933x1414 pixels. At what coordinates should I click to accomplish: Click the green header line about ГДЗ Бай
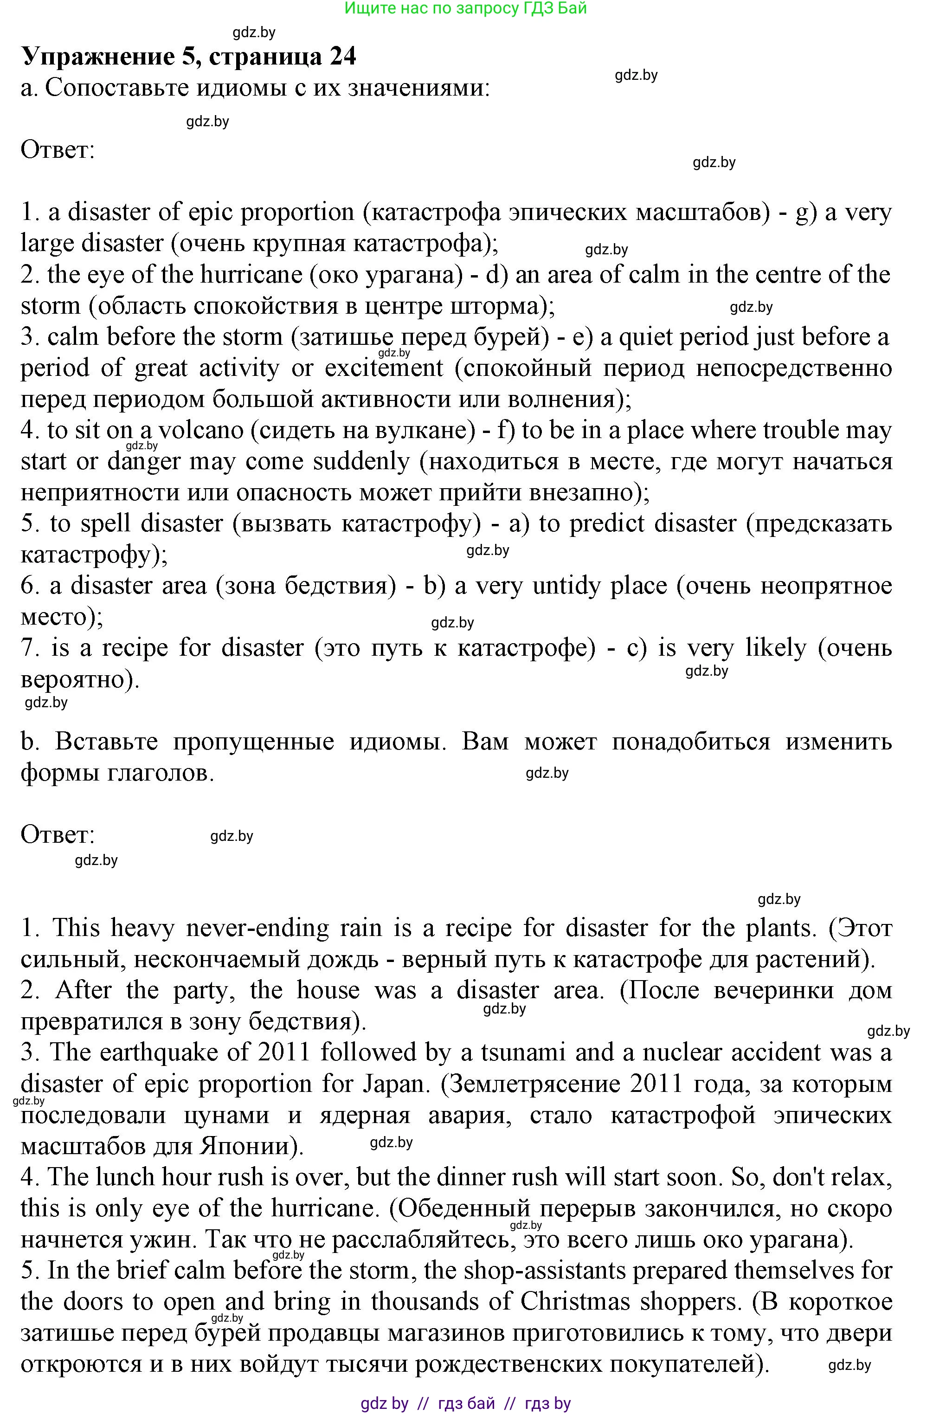coord(465,8)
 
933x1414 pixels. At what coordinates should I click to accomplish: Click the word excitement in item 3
coord(384,368)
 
